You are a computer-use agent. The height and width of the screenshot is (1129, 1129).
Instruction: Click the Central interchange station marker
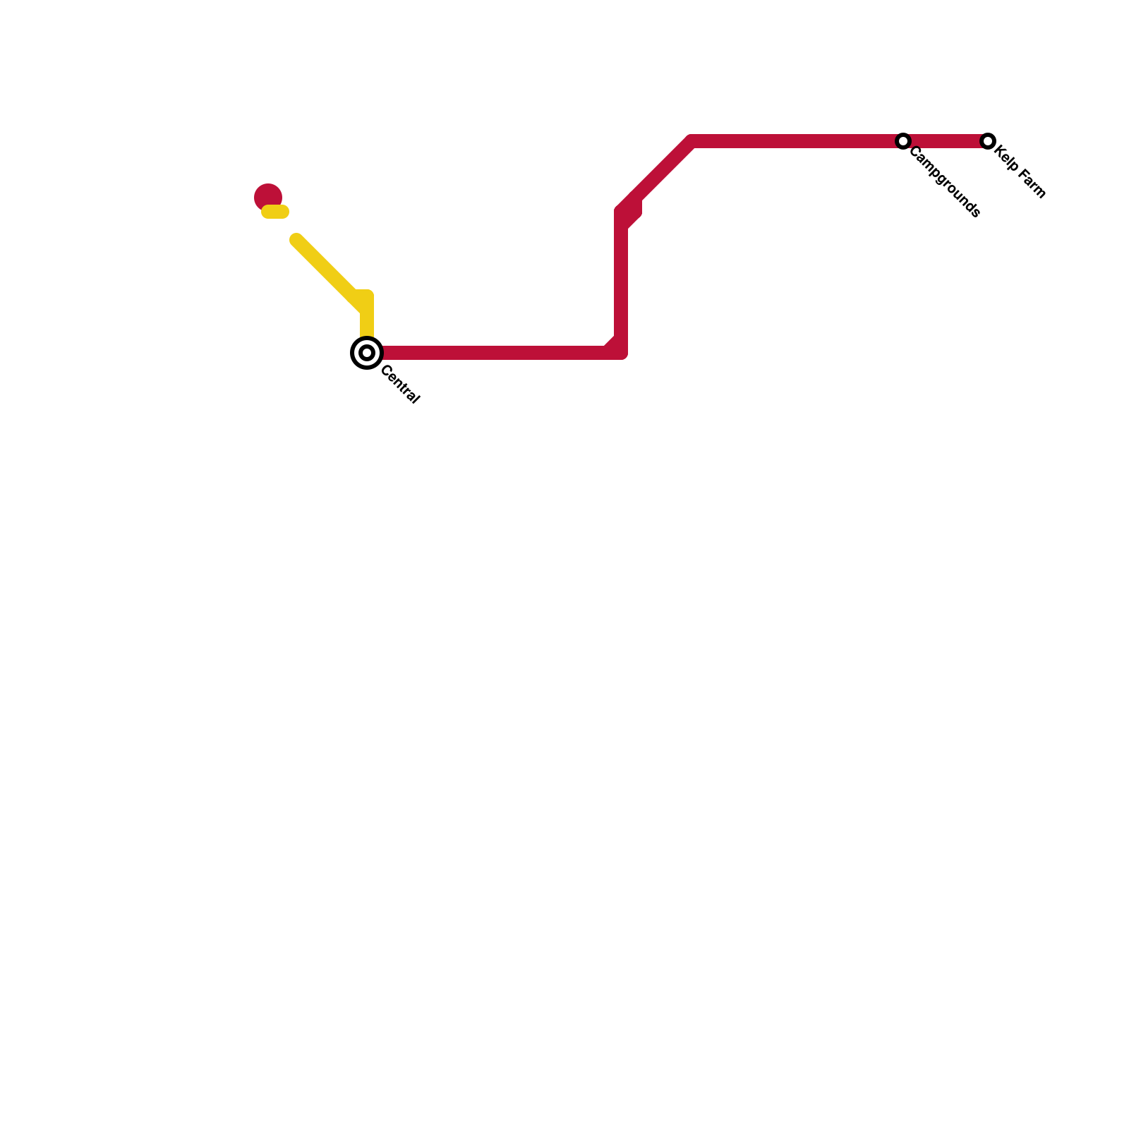coord(367,353)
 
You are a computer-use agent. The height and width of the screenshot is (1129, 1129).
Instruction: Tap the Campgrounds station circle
coord(903,141)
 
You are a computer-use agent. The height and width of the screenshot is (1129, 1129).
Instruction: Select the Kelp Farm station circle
coord(988,141)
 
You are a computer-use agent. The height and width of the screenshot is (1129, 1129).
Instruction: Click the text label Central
coord(400,385)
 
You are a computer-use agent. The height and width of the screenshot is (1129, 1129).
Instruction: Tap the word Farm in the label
coord(1032,183)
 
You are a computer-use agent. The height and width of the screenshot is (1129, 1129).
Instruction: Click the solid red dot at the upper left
coord(268,196)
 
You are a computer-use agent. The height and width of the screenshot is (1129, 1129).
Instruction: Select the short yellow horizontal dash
coord(275,212)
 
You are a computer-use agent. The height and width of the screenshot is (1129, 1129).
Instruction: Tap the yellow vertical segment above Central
coord(367,318)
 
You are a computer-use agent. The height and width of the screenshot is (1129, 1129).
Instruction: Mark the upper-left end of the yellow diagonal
coord(296,240)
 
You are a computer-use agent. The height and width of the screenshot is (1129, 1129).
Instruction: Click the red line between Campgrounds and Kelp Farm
coord(946,141)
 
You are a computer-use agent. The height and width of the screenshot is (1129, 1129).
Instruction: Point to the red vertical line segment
coord(621,282)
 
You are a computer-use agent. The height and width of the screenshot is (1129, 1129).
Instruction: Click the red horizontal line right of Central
coord(494,353)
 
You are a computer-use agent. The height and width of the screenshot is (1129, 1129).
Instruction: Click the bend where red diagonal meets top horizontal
coord(692,141)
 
